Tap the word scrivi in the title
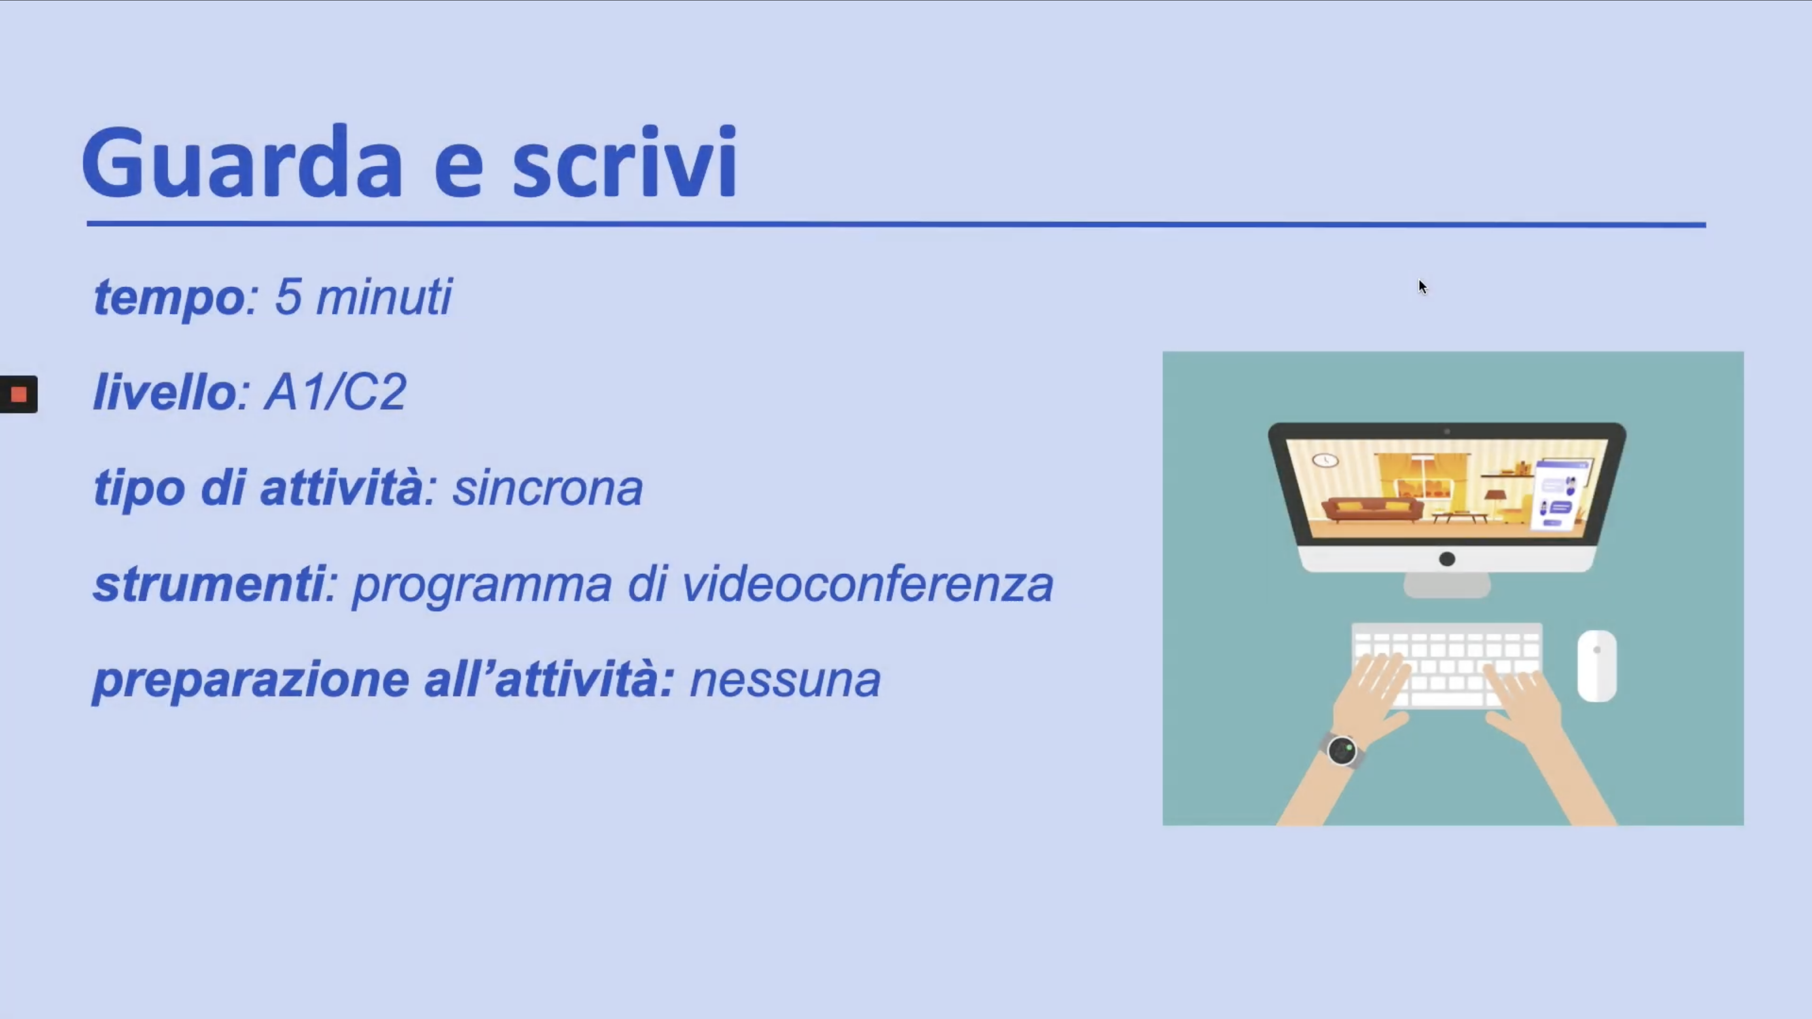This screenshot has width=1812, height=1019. (x=624, y=162)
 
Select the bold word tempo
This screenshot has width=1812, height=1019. (x=169, y=298)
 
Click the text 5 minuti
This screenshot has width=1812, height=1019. (x=363, y=296)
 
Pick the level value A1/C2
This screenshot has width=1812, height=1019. (x=336, y=392)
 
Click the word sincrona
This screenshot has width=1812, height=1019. (x=547, y=488)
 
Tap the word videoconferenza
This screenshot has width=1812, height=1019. (x=867, y=583)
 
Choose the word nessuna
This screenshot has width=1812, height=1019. (x=785, y=681)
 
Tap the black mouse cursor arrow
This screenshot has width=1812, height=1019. (x=1423, y=287)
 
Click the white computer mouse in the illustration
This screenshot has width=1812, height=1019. (x=1597, y=665)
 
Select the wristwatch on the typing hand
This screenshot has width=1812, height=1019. (x=1342, y=750)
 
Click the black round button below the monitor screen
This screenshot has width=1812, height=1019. (x=1447, y=559)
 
